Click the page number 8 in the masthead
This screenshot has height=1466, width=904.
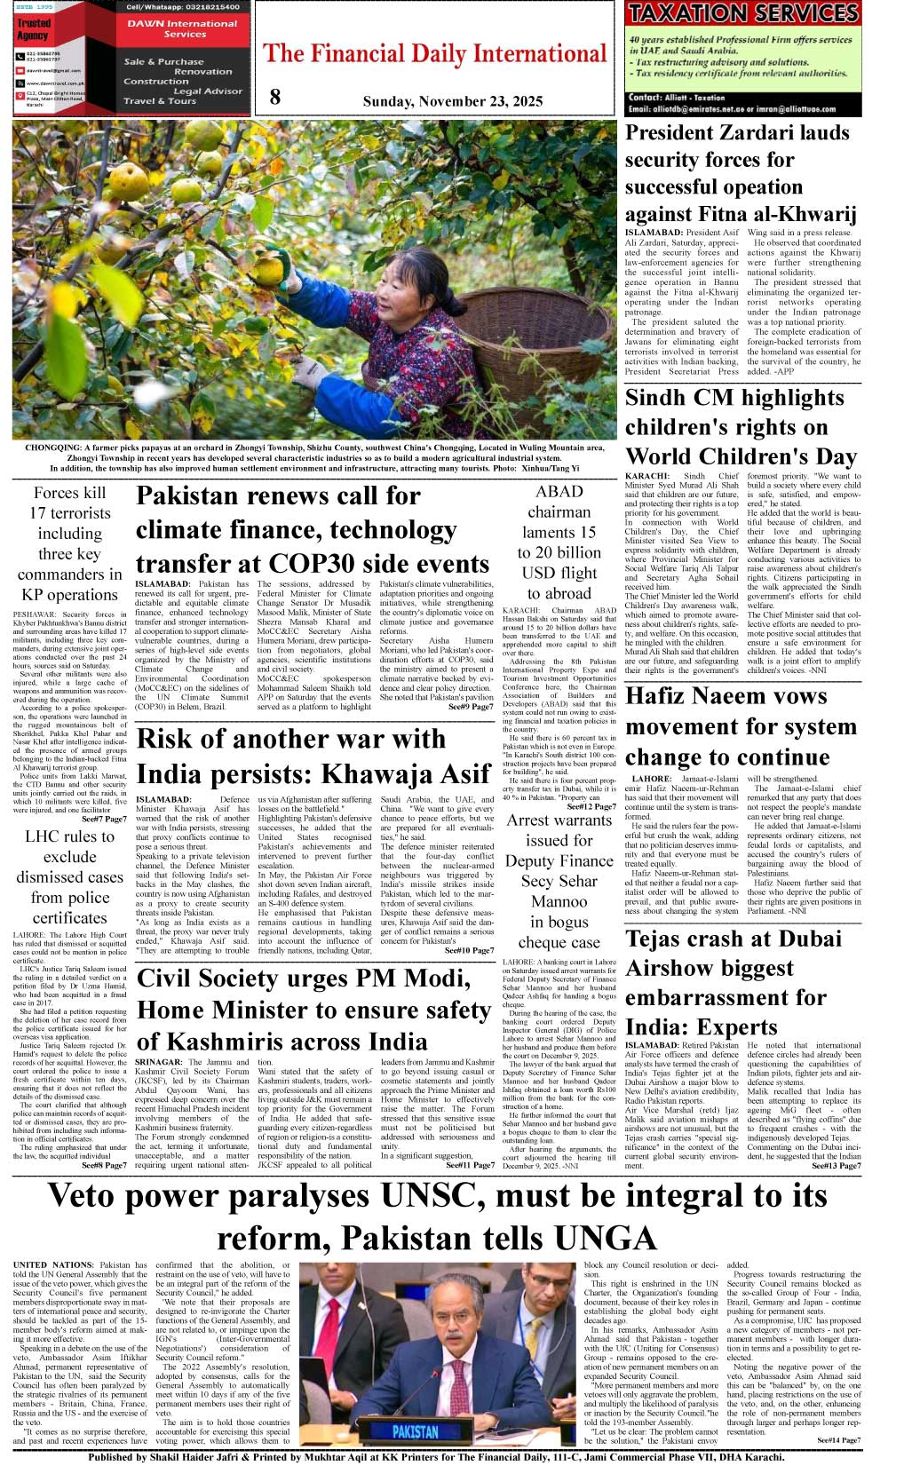click(275, 97)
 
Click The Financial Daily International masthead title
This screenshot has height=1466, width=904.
click(434, 54)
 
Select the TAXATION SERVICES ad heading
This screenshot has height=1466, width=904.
click(742, 13)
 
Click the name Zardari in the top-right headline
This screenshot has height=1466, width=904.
click(772, 133)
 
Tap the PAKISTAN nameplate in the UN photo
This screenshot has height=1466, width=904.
click(415, 1430)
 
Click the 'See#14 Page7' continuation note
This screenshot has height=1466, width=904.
click(838, 1439)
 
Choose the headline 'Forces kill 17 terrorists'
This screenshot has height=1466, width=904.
click(69, 503)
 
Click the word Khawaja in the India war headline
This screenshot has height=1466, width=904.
click(374, 774)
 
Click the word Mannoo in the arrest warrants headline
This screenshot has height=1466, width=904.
click(559, 901)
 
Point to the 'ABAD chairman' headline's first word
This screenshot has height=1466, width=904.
click(559, 491)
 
